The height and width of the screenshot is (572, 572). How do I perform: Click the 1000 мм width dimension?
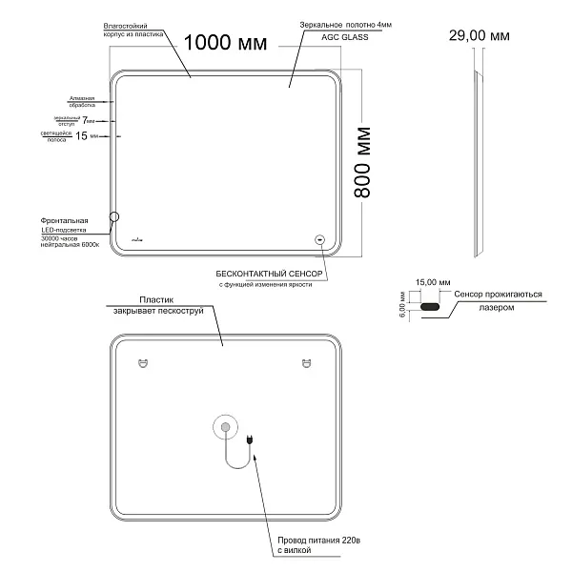click(x=225, y=42)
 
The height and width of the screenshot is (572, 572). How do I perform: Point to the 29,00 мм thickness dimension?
click(x=479, y=35)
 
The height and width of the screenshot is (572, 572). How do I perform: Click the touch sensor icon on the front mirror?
click(x=319, y=240)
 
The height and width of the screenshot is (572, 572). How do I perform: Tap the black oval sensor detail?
click(x=430, y=307)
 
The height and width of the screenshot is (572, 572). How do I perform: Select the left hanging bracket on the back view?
click(x=143, y=362)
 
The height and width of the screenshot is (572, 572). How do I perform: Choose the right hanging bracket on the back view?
click(x=307, y=362)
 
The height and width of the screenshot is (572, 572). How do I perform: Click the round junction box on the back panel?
click(x=225, y=428)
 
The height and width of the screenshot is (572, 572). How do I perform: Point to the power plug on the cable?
click(x=249, y=440)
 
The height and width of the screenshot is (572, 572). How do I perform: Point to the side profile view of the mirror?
click(x=480, y=162)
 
